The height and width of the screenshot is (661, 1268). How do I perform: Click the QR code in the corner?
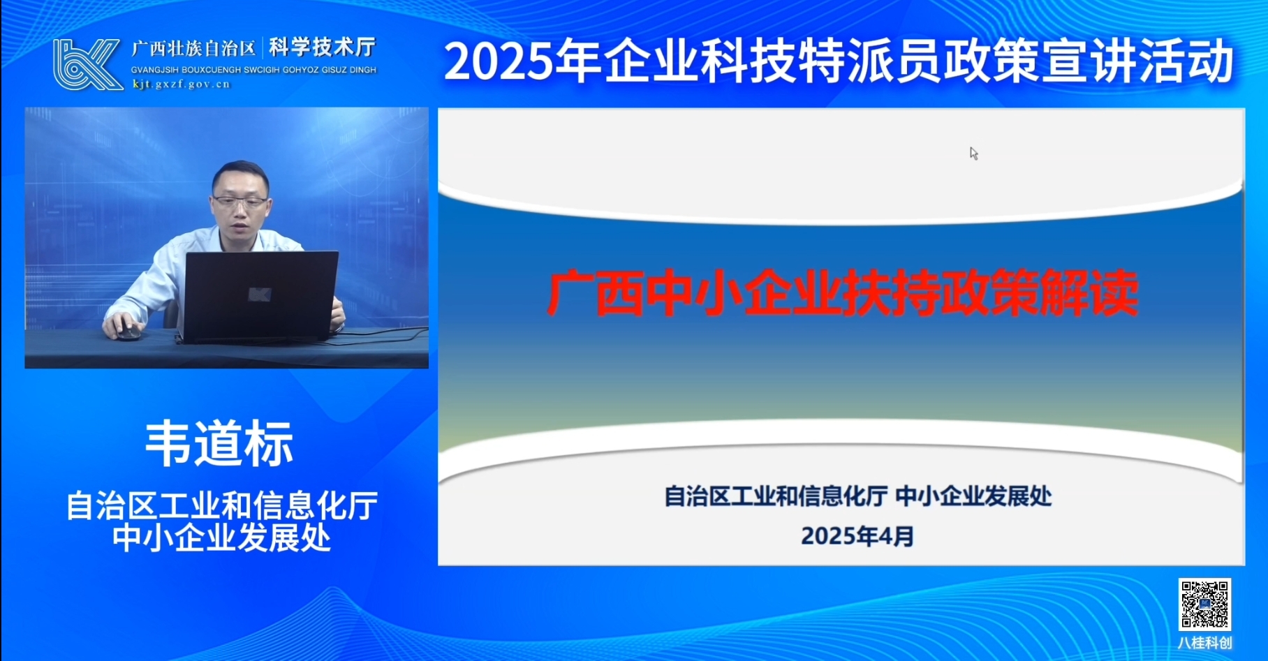click(1204, 604)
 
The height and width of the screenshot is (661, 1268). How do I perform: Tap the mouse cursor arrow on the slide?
click(973, 154)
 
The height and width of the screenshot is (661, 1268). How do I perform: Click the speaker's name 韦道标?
click(219, 443)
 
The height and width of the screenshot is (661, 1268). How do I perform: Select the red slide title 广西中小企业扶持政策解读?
click(843, 293)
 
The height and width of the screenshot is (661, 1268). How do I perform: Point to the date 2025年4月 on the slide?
click(857, 536)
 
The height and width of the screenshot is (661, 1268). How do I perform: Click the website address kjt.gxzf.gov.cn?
click(182, 84)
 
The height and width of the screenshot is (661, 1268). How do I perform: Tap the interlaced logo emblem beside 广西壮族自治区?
click(87, 64)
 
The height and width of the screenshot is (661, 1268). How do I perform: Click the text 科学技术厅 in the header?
click(323, 47)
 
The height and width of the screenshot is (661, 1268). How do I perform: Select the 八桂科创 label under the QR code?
click(1204, 642)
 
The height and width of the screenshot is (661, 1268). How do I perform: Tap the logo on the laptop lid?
click(260, 295)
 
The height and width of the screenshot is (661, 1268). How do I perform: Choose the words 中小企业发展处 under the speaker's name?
click(222, 537)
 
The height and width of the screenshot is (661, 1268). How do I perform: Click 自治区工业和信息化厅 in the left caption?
click(222, 505)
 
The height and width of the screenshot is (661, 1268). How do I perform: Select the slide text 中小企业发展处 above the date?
click(973, 496)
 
